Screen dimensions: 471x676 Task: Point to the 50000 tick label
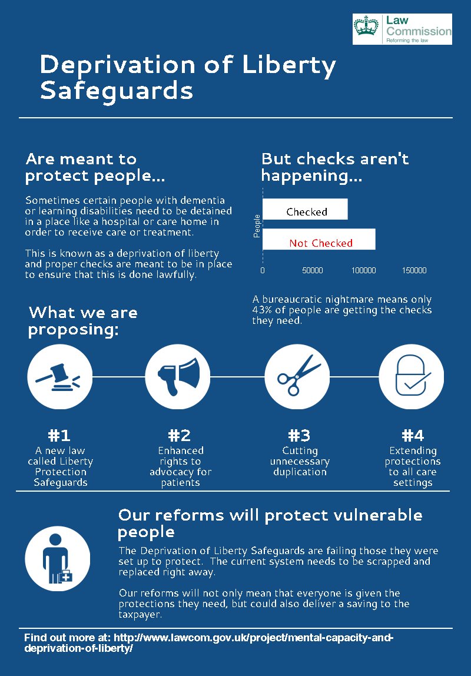(312, 270)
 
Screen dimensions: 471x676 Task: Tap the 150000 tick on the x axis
(414, 270)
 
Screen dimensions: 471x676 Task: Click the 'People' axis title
(257, 226)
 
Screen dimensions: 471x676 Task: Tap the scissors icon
(297, 376)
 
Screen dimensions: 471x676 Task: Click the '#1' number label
(59, 436)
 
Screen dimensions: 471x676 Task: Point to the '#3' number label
(299, 436)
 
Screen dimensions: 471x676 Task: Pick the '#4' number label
(412, 436)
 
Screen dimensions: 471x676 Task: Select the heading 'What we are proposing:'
(83, 321)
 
